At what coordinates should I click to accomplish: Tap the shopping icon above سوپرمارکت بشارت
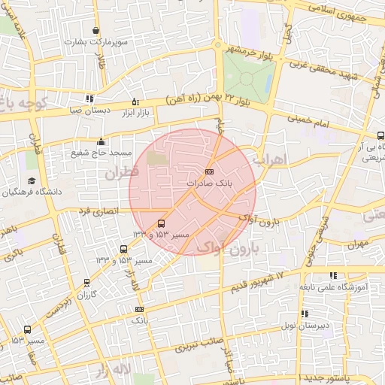tap(96, 30)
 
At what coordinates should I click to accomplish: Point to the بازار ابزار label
tap(135, 112)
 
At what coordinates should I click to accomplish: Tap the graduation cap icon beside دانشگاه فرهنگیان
tap(32, 180)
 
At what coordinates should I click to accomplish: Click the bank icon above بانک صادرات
tap(208, 171)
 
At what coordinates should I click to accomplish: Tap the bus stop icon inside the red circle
tap(161, 224)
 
